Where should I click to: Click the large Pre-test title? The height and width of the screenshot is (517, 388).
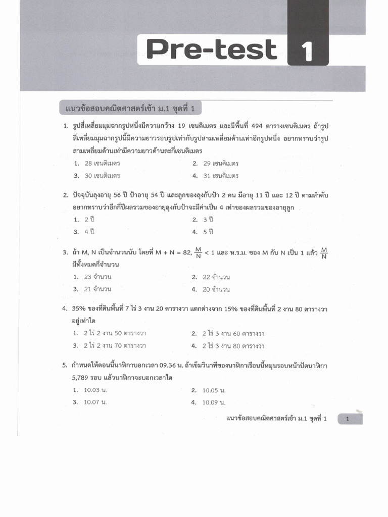[212, 49]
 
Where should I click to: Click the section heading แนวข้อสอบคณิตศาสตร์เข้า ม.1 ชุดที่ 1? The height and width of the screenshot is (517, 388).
[130, 109]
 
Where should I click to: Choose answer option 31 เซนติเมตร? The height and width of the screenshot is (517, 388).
[221, 176]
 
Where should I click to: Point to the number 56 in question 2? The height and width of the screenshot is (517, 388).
[121, 195]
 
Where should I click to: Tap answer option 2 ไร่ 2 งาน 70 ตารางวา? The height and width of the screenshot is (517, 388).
[115, 346]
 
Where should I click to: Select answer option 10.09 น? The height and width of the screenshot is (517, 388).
[214, 402]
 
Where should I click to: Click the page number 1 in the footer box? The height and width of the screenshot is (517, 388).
[348, 419]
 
